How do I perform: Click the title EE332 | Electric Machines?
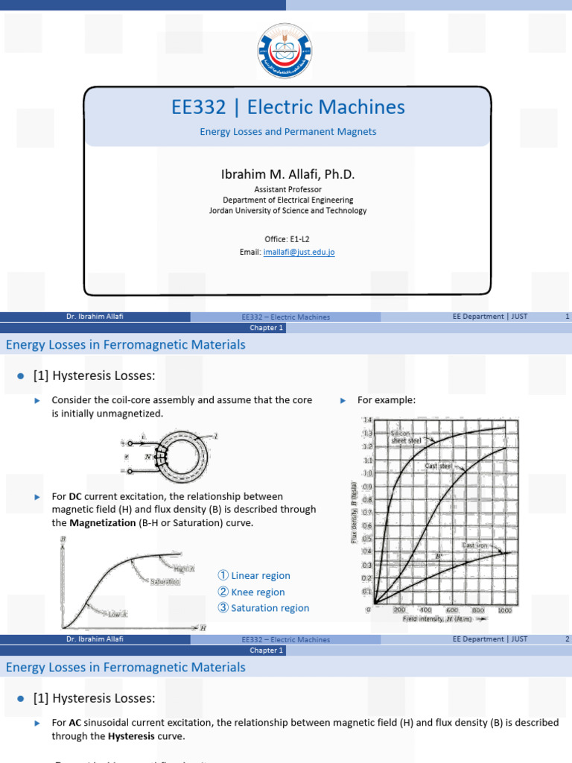(x=287, y=107)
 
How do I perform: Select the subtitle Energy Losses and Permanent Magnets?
(x=287, y=132)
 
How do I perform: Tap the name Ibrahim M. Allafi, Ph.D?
(x=287, y=174)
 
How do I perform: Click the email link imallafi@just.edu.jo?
(x=299, y=253)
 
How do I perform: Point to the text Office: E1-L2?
(x=287, y=238)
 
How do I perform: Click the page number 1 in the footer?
(x=567, y=317)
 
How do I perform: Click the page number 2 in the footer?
(x=567, y=639)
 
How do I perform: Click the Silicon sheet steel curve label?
(x=407, y=437)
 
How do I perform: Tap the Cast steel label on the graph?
(x=438, y=466)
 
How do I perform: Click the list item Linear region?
(x=261, y=576)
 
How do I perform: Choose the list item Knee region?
(x=258, y=592)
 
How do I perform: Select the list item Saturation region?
(x=270, y=608)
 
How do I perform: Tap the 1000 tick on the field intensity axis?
(x=504, y=610)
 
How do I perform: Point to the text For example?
(x=386, y=400)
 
